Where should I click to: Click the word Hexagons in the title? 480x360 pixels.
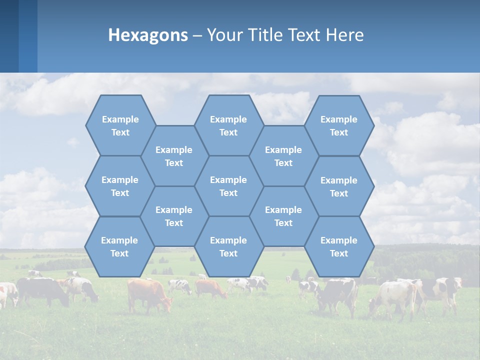(148, 35)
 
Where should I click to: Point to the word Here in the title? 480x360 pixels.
(345, 35)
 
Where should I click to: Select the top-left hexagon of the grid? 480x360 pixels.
(120, 125)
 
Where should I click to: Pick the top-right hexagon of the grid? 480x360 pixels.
(339, 125)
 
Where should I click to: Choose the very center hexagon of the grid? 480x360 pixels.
(228, 186)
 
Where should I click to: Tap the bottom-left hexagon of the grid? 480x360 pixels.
(119, 246)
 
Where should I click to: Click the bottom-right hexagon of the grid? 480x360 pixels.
(339, 246)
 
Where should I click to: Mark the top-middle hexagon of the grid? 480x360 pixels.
(228, 125)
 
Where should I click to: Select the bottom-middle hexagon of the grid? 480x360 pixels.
(228, 246)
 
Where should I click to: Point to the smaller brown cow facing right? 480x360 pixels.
(210, 288)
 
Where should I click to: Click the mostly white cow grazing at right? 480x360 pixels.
(392, 295)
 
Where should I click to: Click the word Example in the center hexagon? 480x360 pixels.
(228, 180)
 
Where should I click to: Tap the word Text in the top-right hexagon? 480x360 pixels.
(339, 132)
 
